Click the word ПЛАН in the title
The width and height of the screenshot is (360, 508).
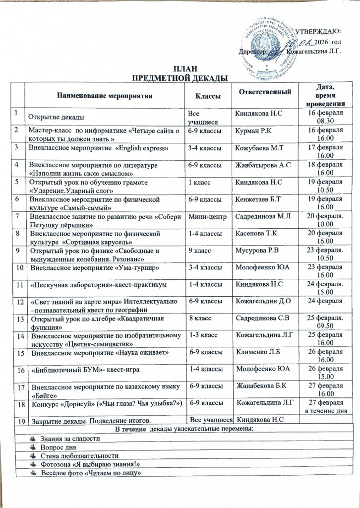click(180, 69)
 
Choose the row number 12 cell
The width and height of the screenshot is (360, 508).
click(19, 302)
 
